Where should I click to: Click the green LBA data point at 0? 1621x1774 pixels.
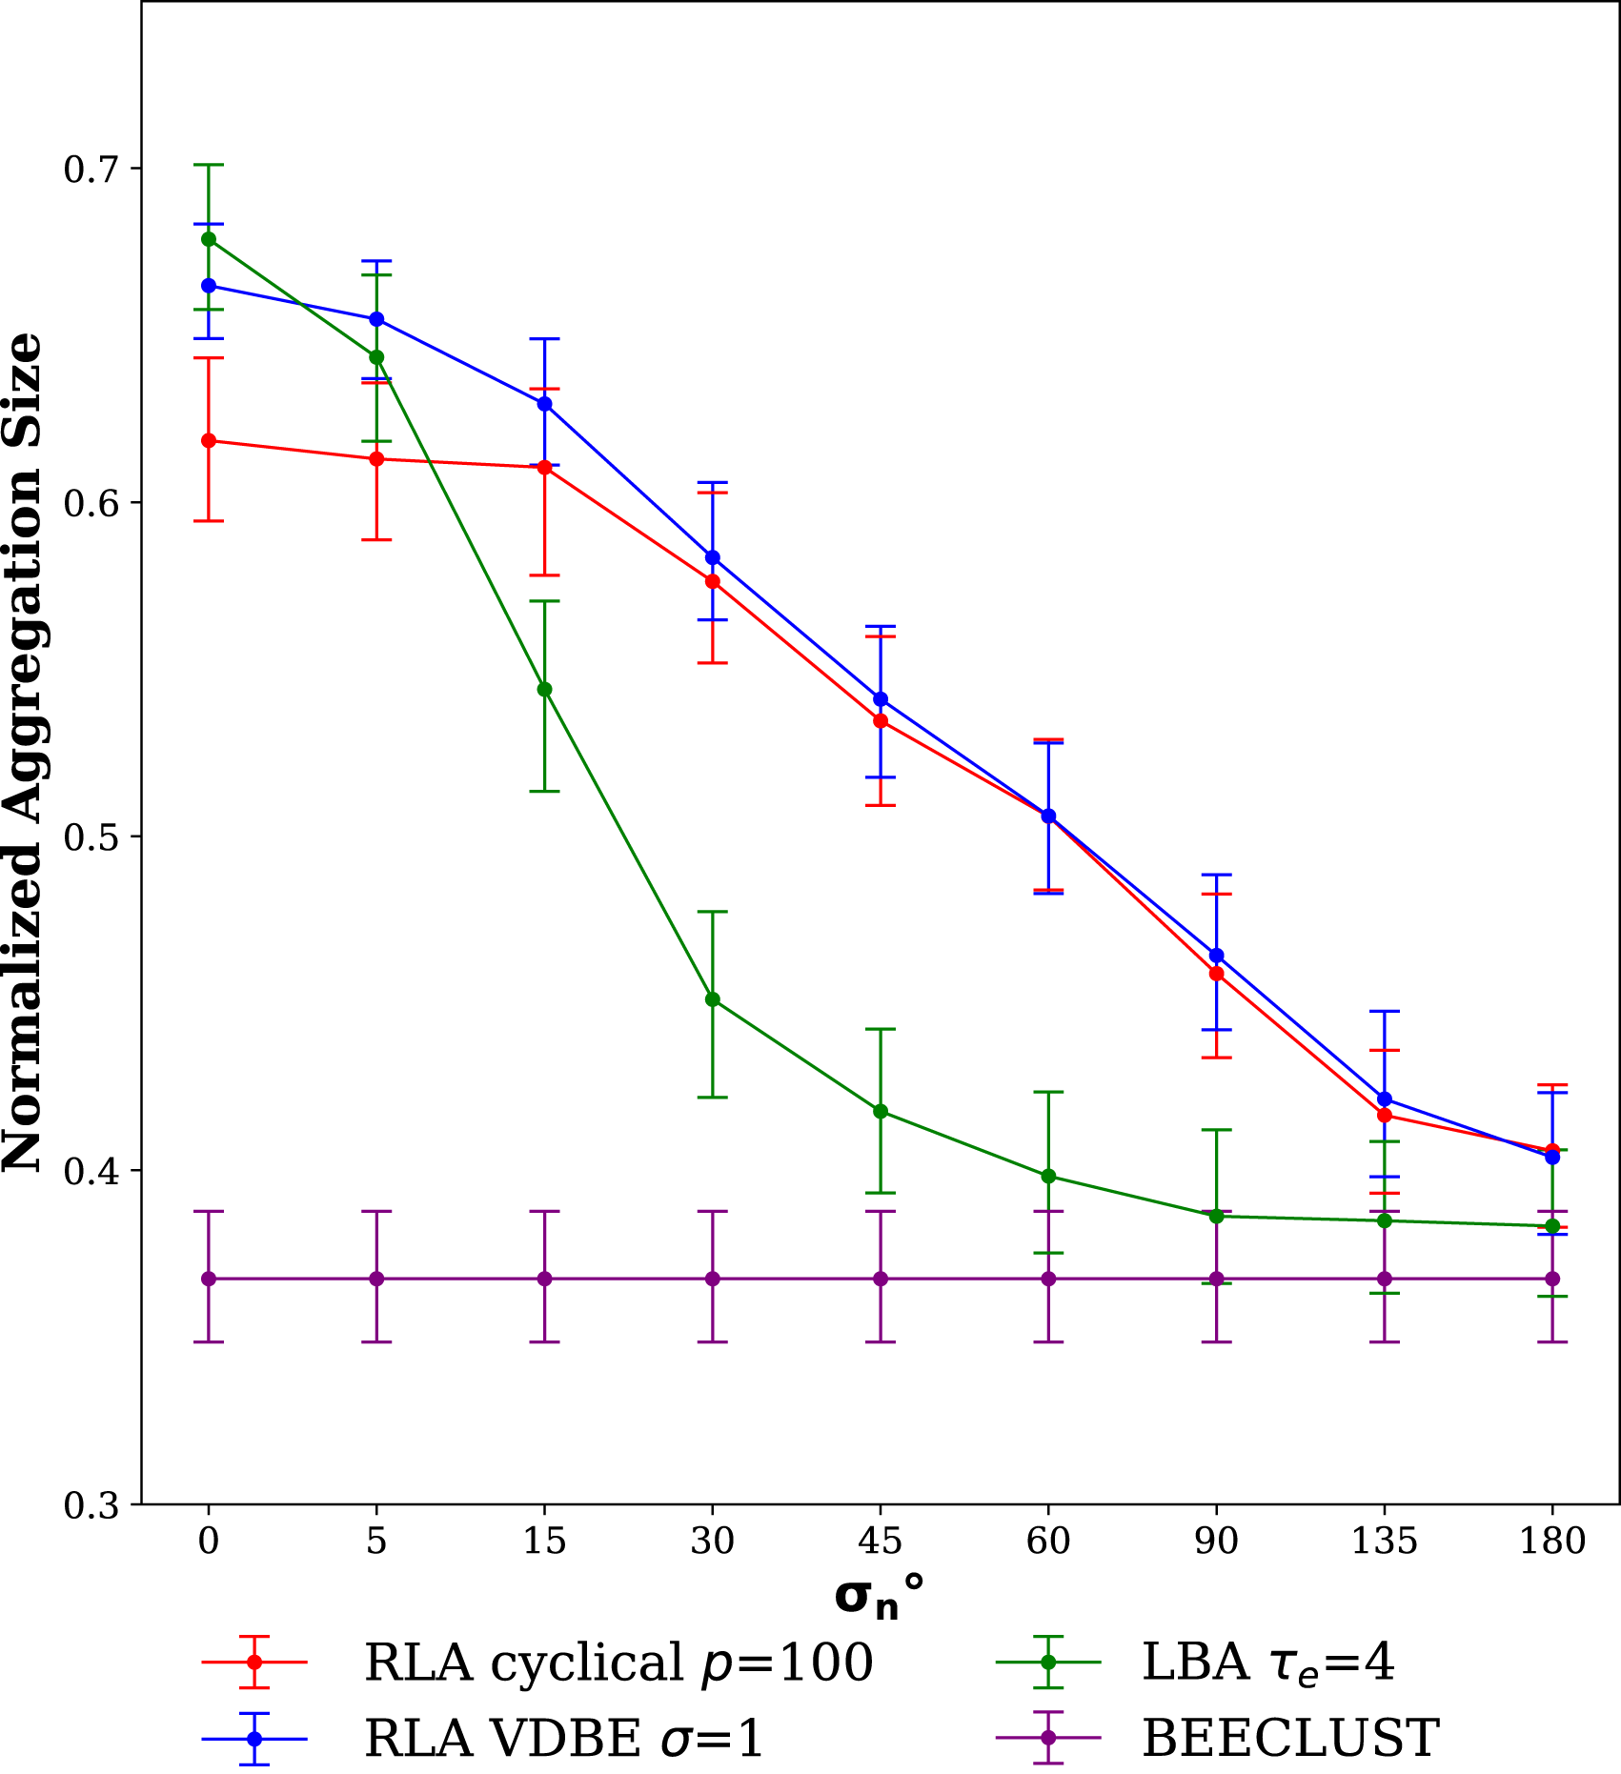tap(209, 239)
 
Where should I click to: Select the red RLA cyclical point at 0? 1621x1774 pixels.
tap(209, 440)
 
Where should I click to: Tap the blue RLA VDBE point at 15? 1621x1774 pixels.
tap(545, 404)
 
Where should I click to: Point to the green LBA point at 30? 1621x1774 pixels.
tap(713, 999)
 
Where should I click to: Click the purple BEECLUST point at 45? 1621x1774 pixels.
tap(881, 1279)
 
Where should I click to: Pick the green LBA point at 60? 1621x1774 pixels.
tap(1048, 1176)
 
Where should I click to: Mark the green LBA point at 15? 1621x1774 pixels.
tap(545, 689)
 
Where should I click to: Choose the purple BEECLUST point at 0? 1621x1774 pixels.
tap(209, 1279)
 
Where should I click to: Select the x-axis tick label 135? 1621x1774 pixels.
tap(1385, 1541)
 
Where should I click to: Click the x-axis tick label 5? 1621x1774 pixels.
tap(376, 1541)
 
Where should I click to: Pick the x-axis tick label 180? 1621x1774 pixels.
tap(1552, 1541)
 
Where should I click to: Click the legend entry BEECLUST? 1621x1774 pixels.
tap(1290, 1738)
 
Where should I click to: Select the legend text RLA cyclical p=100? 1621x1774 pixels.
tap(619, 1663)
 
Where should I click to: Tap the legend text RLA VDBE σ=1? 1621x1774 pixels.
tap(564, 1738)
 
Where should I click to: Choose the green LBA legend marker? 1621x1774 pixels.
tap(1048, 1663)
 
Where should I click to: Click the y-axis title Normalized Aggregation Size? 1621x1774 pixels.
tap(23, 753)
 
